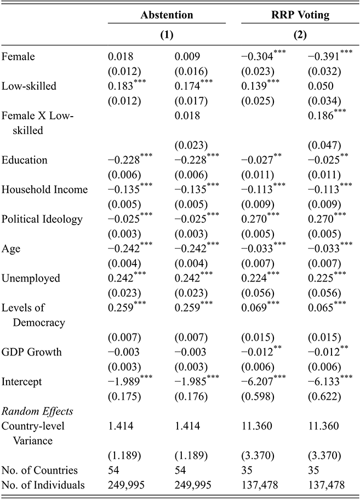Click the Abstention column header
point(166,15)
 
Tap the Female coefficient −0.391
point(319,57)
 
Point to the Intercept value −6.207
point(256,380)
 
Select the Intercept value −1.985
point(189,380)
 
